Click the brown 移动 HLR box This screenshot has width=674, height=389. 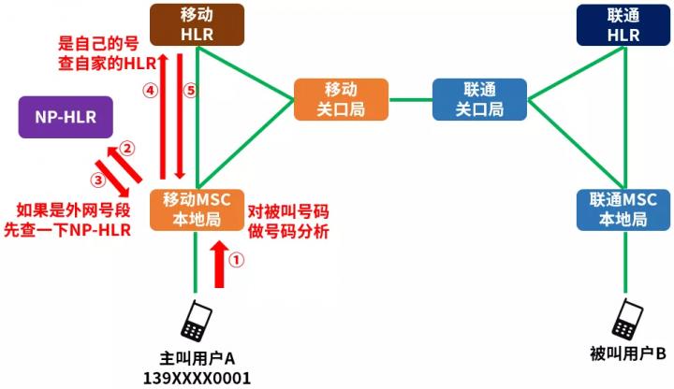pos(197,25)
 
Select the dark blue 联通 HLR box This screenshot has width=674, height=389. pos(623,25)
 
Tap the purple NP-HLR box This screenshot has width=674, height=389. pos(66,117)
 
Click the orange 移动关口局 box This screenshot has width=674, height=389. pos(342,100)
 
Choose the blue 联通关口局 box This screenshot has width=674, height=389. pos(479,100)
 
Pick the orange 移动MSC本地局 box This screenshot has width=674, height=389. pos(197,210)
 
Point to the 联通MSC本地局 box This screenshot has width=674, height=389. pos(623,210)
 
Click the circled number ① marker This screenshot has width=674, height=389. pos(236,259)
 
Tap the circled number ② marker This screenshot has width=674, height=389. pos(126,149)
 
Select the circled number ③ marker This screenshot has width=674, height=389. pos(98,180)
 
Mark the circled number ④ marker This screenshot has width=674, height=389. pos(150,90)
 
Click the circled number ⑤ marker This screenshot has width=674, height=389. pos(190,90)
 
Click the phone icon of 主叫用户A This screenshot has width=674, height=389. pos(196,321)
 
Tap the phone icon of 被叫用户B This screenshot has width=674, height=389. pos(627,319)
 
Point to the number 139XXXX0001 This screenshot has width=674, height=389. pos(197,379)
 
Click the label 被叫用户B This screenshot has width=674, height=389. pos(627,353)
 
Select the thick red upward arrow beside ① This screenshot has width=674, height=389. pos(220,264)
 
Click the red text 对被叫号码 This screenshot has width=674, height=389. pos(288,211)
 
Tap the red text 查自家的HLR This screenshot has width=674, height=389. pos(107,64)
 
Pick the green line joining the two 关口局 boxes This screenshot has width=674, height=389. pos(411,100)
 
